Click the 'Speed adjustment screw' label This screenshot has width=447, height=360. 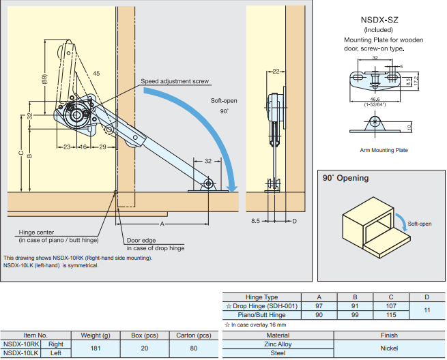(175, 82)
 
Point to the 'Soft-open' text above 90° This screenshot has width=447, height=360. (224, 101)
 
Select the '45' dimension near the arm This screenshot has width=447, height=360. (96, 73)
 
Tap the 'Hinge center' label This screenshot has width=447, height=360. (36, 232)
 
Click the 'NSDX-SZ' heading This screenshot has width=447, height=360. (379, 20)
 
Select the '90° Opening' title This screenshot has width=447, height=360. (346, 178)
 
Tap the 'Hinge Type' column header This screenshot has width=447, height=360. (261, 297)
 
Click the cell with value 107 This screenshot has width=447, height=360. (390, 306)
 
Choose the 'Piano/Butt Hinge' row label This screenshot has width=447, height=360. (261, 315)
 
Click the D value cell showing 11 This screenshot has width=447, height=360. (427, 310)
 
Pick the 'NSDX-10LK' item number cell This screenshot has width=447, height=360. (21, 353)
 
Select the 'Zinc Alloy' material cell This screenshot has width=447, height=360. (278, 344)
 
